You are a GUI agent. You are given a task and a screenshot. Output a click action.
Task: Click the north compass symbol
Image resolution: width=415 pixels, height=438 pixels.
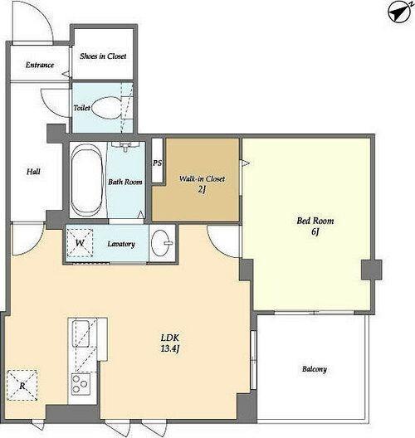(x=400, y=12)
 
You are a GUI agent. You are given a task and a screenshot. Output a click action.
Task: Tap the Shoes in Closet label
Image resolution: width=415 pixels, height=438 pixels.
(x=103, y=56)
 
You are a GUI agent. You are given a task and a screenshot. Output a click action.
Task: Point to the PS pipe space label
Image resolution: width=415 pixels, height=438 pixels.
(x=158, y=163)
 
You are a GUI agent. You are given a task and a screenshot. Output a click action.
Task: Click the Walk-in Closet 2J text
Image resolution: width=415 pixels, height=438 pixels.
(x=202, y=184)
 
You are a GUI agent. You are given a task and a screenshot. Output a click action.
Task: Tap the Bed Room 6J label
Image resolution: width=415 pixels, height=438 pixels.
(x=315, y=226)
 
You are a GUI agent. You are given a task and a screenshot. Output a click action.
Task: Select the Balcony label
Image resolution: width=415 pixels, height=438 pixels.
(x=314, y=369)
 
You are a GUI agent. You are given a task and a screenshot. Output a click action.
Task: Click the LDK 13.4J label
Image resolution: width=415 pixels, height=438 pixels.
(x=170, y=343)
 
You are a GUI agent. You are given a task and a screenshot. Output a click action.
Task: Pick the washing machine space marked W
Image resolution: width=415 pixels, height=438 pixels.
(x=80, y=243)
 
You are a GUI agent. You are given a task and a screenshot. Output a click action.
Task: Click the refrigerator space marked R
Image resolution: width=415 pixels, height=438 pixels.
(x=22, y=386)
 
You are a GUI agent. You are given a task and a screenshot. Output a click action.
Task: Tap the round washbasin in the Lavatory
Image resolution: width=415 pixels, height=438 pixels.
(x=163, y=242)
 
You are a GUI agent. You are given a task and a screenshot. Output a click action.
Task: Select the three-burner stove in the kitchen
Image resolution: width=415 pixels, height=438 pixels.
(x=81, y=384)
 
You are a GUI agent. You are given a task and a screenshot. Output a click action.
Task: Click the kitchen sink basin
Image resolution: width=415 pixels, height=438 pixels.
(x=81, y=333)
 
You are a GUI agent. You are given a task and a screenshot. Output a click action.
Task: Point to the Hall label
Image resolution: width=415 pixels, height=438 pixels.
(x=33, y=172)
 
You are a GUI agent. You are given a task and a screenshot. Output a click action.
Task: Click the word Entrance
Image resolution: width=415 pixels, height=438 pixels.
(x=40, y=65)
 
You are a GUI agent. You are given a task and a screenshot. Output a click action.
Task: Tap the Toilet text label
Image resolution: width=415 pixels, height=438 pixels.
(x=81, y=108)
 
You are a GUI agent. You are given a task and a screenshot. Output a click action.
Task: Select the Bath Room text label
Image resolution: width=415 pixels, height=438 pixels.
(x=125, y=182)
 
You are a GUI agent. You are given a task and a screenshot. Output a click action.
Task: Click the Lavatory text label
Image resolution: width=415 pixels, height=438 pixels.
(x=121, y=244)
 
